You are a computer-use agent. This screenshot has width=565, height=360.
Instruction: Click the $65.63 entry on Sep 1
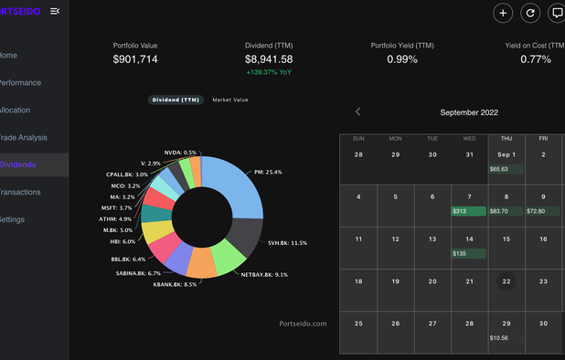(x=506, y=169)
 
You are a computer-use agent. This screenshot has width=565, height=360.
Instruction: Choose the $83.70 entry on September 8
(x=506, y=211)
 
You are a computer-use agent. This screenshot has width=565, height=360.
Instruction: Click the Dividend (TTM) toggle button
(x=176, y=100)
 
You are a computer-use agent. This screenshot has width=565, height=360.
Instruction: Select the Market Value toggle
(x=229, y=100)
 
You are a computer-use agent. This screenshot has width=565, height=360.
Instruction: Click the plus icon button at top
(x=503, y=13)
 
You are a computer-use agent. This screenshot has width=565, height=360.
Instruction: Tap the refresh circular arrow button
(x=529, y=13)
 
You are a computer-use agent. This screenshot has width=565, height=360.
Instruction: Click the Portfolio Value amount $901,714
(x=135, y=59)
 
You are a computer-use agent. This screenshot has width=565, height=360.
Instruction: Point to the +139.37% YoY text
(x=269, y=72)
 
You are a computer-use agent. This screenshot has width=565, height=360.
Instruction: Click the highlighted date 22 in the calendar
(x=506, y=281)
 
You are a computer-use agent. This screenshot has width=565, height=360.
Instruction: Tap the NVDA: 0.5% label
(x=180, y=153)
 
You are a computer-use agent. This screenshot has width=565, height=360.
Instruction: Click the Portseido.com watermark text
(x=303, y=323)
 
